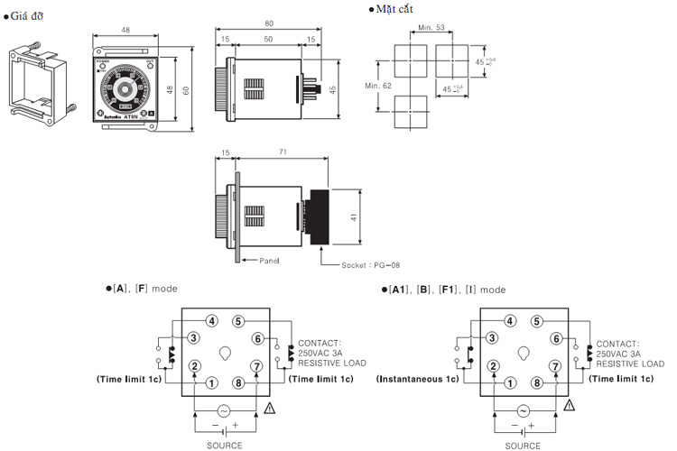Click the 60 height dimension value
(x=186, y=89)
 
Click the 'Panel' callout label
(x=268, y=261)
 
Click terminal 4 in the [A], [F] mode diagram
(x=211, y=320)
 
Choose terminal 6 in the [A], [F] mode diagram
(x=257, y=338)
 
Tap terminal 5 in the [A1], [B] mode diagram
(x=536, y=320)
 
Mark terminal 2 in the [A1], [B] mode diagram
(x=490, y=366)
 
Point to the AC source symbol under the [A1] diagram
(x=522, y=410)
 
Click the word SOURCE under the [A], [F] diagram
(x=226, y=445)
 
